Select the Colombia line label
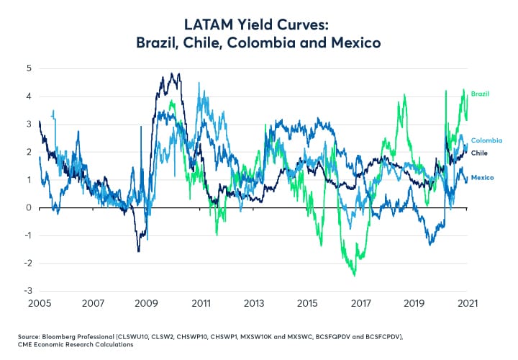coord(486,140)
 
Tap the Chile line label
coord(480,153)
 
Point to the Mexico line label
coord(482,177)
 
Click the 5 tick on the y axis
coord(29,68)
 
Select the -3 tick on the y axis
coord(28,292)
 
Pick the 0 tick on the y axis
coord(29,208)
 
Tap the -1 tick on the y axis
coord(28,236)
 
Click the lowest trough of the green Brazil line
coord(354,275)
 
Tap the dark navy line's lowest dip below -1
coord(138,251)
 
